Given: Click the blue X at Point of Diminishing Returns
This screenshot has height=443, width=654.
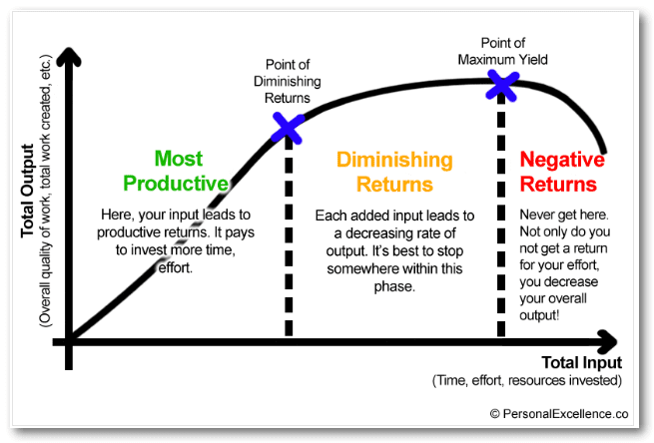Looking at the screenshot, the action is pyautogui.click(x=288, y=128).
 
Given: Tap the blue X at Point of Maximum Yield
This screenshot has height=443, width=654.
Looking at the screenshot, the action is pyautogui.click(x=502, y=86).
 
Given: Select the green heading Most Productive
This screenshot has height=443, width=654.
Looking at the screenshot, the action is pyautogui.click(x=176, y=171).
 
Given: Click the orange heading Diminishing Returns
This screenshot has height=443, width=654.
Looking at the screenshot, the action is pyautogui.click(x=394, y=172).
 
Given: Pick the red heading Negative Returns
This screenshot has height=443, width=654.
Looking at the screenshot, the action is pyautogui.click(x=562, y=172).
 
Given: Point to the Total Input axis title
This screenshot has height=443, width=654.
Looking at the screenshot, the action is pyautogui.click(x=581, y=362).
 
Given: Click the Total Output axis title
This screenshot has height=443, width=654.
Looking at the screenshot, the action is pyautogui.click(x=28, y=191).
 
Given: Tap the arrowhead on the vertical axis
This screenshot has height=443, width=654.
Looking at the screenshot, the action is pyautogui.click(x=69, y=57).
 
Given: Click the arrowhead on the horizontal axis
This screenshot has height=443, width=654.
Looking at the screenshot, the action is pyautogui.click(x=607, y=342).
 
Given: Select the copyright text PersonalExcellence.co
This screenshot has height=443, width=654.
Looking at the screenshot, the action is pyautogui.click(x=559, y=414).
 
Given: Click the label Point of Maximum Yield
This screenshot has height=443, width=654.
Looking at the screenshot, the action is pyautogui.click(x=502, y=51).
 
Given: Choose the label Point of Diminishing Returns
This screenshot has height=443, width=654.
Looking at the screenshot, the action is pyautogui.click(x=288, y=81).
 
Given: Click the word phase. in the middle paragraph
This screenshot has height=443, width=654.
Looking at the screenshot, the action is pyautogui.click(x=394, y=286).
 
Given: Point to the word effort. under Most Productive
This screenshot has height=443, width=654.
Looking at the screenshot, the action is pyautogui.click(x=176, y=268).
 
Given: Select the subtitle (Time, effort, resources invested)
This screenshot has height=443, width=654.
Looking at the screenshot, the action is pyautogui.click(x=527, y=380).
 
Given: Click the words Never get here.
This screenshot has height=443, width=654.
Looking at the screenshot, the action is pyautogui.click(x=564, y=215).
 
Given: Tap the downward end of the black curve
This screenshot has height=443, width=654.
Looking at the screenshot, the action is pyautogui.click(x=603, y=151).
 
